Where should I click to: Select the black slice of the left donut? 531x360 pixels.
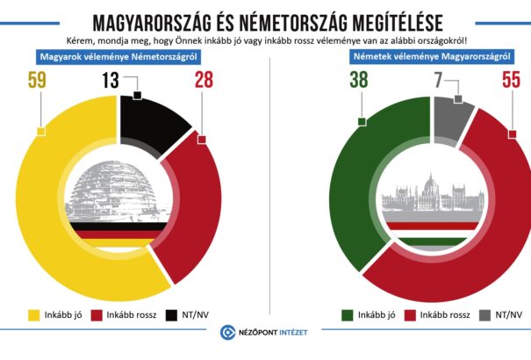151,119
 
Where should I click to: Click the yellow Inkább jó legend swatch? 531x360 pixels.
35,313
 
